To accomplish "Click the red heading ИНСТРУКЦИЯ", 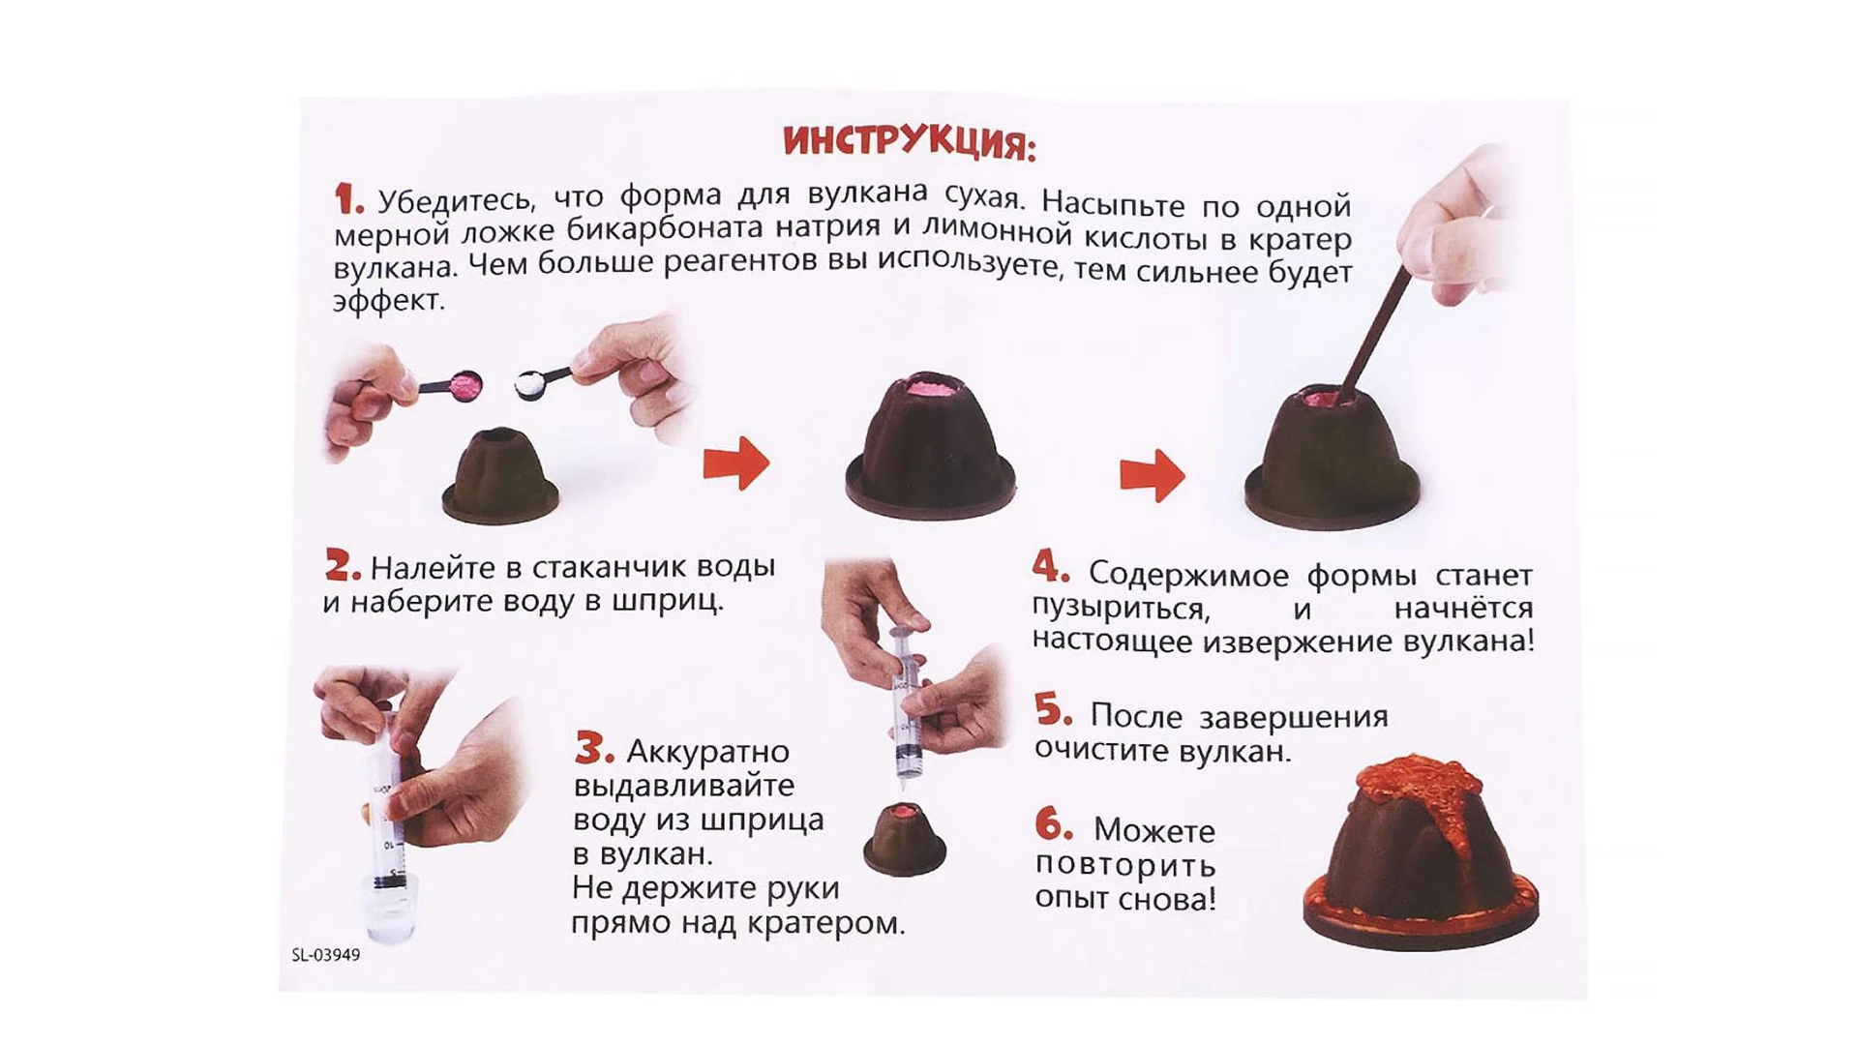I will (909, 142).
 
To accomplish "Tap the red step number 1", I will (347, 199).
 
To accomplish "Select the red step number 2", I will (342, 565).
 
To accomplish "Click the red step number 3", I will (593, 748).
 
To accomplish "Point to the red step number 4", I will (1050, 567).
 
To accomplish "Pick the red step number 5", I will (1052, 711).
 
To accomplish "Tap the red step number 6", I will (1053, 826).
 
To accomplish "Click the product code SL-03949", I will (325, 955).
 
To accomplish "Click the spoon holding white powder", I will (533, 383).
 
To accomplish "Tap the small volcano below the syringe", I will (904, 840).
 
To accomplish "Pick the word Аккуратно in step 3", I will (707, 751).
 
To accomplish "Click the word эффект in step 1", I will (388, 301).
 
